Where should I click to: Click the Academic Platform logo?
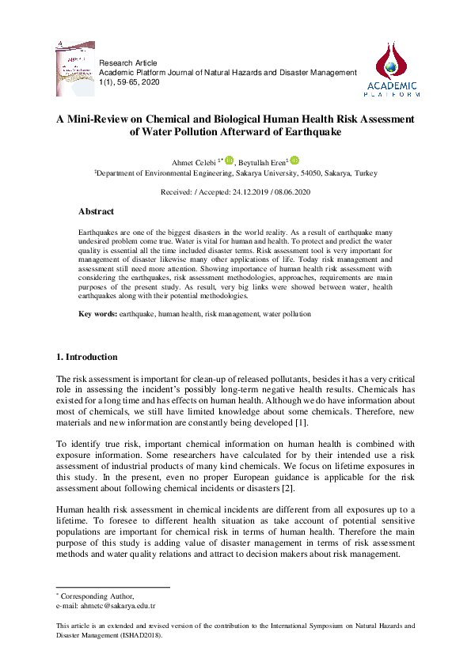click(x=392, y=69)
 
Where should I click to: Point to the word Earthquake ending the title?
click(x=312, y=132)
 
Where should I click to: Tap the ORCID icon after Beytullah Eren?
click(x=294, y=160)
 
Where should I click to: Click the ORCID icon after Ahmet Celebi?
click(x=230, y=160)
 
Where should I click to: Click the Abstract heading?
click(x=96, y=212)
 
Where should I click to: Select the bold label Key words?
click(x=97, y=314)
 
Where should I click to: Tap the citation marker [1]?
click(x=301, y=425)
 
